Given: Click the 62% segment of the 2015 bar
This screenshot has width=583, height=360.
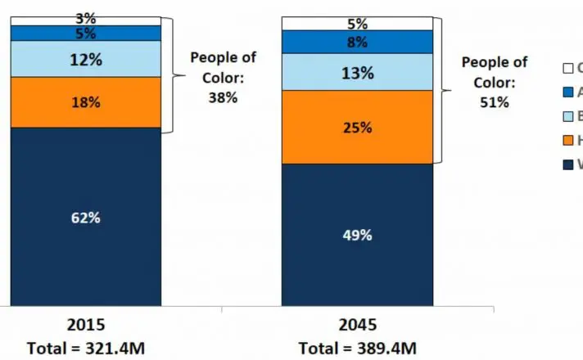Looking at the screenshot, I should point(85,218).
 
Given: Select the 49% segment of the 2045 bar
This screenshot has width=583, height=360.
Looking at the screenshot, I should point(356,235).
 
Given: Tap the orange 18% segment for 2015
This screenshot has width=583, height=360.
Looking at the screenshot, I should point(85,102).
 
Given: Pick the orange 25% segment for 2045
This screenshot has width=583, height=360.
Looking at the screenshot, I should point(356,127).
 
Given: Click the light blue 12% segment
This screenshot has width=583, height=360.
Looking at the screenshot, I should point(85,59).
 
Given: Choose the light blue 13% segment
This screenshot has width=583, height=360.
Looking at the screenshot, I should point(356,72).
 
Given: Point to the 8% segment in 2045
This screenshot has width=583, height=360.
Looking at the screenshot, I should point(356,42).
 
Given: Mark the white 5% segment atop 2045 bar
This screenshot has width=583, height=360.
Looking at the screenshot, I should point(356,24).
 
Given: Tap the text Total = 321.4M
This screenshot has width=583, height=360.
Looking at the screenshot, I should point(87,348).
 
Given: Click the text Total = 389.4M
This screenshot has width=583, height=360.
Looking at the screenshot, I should point(357,348).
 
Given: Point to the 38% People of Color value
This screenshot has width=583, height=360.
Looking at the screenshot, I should point(223,97).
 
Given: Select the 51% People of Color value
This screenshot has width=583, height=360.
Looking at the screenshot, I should point(495,102).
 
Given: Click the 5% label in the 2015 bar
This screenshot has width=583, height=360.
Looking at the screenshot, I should point(85,34).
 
